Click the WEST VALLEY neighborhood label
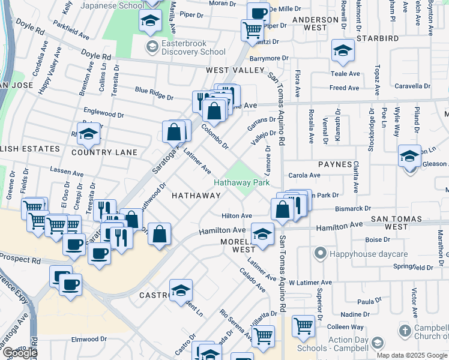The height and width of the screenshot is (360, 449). point(235,70)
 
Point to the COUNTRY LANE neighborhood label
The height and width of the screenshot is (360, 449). point(104,152)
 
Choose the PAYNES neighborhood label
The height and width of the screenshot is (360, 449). point(335,164)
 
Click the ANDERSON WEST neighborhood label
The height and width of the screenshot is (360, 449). point(315,23)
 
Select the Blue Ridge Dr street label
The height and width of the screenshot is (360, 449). point(154,94)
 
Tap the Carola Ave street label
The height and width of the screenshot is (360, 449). point(305,175)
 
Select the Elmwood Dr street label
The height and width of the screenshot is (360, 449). point(89,339)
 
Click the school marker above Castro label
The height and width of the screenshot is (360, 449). point(181,290)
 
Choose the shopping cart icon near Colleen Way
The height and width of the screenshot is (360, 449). point(303,326)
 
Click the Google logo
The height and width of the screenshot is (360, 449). point(20,353)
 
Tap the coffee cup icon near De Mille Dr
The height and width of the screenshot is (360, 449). point(259,12)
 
